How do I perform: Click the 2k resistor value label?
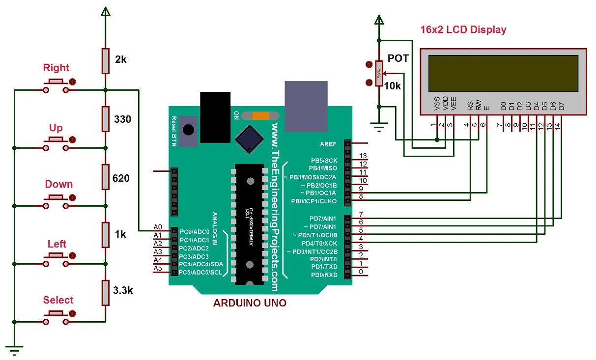click(121, 59)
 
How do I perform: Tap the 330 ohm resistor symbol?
click(105, 119)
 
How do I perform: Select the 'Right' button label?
click(56, 68)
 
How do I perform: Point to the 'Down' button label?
click(59, 184)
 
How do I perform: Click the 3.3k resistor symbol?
click(105, 293)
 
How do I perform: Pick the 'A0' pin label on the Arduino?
click(158, 227)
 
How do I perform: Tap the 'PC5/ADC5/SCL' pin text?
click(200, 272)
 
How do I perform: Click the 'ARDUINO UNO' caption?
click(250, 303)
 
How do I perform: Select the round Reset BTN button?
click(188, 130)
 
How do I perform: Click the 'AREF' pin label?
click(328, 143)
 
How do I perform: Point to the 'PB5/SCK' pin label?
click(324, 161)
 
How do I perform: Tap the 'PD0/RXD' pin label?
click(324, 275)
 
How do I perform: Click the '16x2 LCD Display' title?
click(463, 29)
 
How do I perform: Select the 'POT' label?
click(398, 58)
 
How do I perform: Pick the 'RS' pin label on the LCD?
click(470, 105)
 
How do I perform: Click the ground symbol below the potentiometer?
click(378, 129)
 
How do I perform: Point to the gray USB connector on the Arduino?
click(306, 106)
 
